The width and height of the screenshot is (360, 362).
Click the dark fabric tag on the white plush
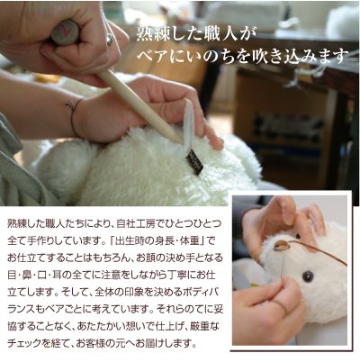click(x=194, y=161)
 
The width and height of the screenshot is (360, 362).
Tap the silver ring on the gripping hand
click(x=110, y=38)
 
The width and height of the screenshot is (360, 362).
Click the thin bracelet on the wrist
click(x=72, y=117)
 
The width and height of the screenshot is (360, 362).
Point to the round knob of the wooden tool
click(x=65, y=32)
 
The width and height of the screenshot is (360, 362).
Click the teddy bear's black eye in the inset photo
click(x=308, y=276)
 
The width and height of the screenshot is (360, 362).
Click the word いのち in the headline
click(x=197, y=56)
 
